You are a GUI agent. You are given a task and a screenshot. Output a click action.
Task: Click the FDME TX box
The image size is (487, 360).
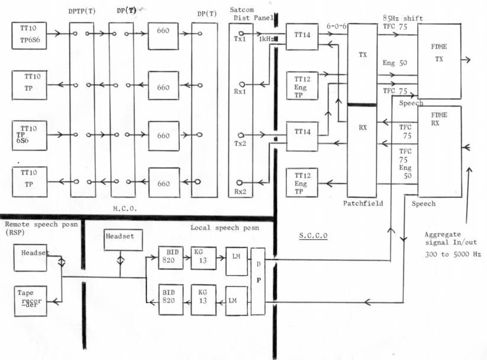coord(440,59)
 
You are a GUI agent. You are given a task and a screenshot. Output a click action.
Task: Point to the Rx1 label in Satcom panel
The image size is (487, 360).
coord(240,92)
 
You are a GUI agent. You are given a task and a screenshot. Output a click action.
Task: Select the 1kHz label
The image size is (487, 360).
coord(265,38)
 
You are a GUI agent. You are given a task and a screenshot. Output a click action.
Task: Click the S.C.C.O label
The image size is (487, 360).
coord(314,235)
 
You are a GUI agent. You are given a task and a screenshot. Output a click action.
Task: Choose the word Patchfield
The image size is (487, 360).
coord(363,203)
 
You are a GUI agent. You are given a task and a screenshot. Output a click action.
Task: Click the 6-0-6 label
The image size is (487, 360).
coord(336,26)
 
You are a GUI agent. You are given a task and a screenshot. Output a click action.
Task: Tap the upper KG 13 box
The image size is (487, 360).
coord(199,258)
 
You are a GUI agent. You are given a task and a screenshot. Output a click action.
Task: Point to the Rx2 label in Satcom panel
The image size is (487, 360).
coord(240,192)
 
